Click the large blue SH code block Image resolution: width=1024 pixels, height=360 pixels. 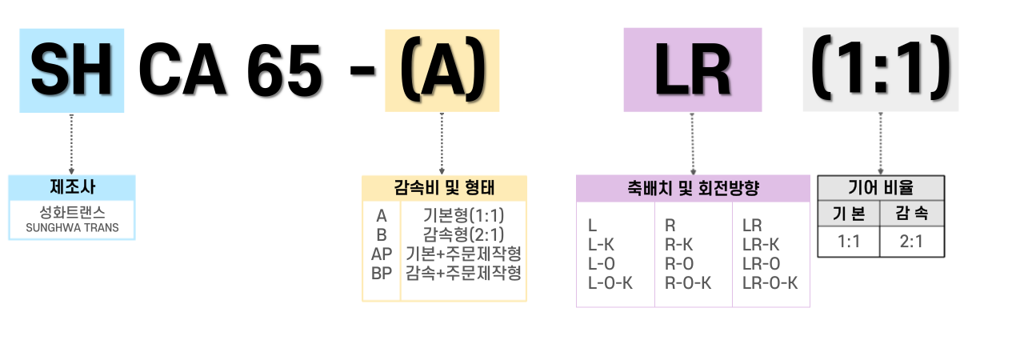(x=72, y=70)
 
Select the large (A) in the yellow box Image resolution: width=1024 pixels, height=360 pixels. (x=442, y=70)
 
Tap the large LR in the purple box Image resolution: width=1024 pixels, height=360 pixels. (x=693, y=70)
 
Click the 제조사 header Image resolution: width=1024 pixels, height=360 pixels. (x=72, y=188)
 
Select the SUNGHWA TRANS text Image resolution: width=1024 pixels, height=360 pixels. (x=72, y=228)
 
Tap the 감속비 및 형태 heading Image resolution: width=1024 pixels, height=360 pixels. (x=444, y=188)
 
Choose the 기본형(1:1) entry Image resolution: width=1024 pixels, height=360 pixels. (x=463, y=215)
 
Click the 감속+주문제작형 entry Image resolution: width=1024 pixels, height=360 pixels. (x=463, y=273)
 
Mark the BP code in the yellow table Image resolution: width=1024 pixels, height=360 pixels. (x=381, y=273)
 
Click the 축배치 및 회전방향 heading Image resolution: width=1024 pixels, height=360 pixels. (x=693, y=189)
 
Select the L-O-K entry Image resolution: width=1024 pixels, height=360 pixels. (x=610, y=282)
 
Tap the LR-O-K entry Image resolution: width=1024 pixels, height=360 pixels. (x=770, y=282)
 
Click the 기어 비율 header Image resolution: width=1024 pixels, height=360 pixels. (x=881, y=188)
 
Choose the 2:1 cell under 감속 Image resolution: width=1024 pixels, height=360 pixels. (x=912, y=241)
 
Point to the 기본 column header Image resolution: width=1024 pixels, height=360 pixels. (x=849, y=214)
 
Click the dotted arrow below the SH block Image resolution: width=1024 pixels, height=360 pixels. (x=72, y=144)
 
